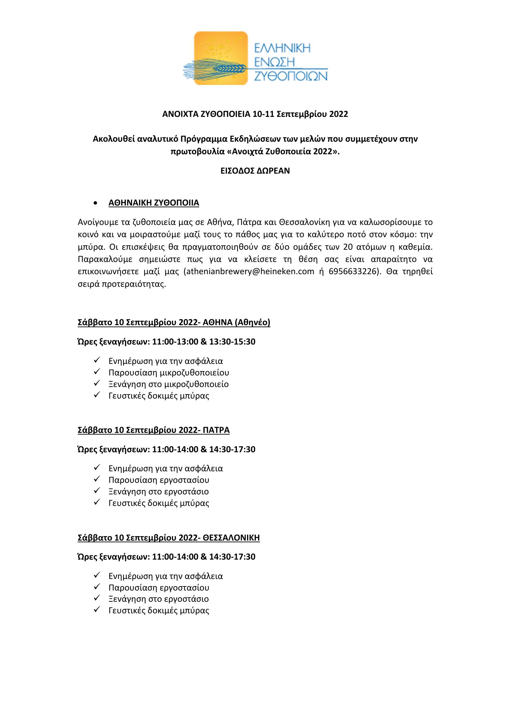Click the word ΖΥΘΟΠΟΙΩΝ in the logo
[291, 75]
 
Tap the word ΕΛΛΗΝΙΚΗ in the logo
[282, 48]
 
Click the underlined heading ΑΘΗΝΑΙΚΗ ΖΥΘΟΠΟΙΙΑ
[154, 203]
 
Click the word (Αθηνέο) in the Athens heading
[252, 322]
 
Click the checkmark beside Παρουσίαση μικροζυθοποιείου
[96, 372]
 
